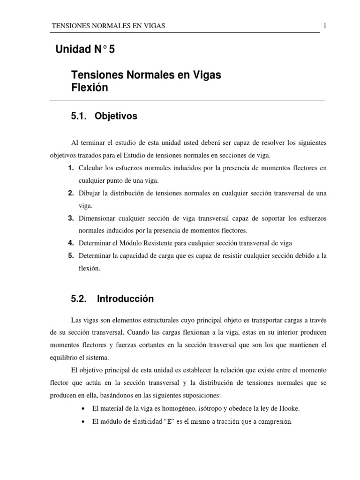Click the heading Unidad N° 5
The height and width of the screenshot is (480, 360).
coord(85,49)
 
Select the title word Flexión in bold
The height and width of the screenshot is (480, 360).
coord(89,88)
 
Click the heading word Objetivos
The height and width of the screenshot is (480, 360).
coord(116,116)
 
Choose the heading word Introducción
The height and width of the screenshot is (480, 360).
coord(125,299)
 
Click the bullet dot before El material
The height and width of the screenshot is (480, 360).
coord(83,409)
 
